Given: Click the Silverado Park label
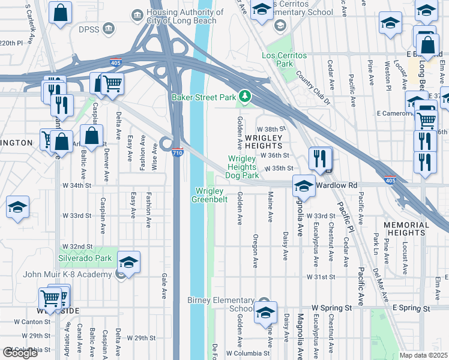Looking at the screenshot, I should coord(85,258).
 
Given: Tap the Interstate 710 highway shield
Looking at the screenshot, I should coord(177,153).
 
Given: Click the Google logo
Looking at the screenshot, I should coord(20,353).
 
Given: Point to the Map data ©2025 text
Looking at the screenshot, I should coord(424,355).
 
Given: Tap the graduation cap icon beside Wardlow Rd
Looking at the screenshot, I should coord(304,186).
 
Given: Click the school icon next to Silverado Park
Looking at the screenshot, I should coord(128,262).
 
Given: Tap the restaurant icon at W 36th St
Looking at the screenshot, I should coord(321,158).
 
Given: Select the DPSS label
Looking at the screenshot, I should coord(84,28).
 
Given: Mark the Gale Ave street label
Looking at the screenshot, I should coord(163,287).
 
